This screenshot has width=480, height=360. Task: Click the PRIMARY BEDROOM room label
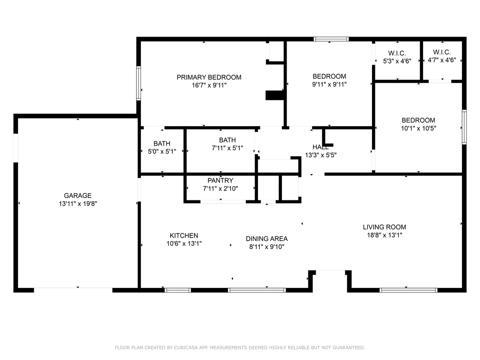point(209,77)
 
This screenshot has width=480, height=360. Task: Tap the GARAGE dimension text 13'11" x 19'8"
point(78,204)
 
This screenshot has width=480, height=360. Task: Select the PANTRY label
point(220,180)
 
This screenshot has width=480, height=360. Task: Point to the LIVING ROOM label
point(384,227)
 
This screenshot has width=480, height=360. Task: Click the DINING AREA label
point(267,239)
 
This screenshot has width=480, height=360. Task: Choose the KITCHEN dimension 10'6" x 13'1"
point(184,243)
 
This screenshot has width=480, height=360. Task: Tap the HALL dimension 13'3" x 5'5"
point(321,155)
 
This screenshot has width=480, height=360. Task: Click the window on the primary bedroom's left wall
point(138,83)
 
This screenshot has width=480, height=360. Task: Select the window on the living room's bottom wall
point(408,290)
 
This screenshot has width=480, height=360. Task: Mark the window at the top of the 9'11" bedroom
point(331,39)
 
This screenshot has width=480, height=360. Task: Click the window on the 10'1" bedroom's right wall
point(464,127)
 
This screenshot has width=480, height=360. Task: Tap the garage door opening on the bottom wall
point(73,290)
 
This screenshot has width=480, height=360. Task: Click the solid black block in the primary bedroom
point(274,96)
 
